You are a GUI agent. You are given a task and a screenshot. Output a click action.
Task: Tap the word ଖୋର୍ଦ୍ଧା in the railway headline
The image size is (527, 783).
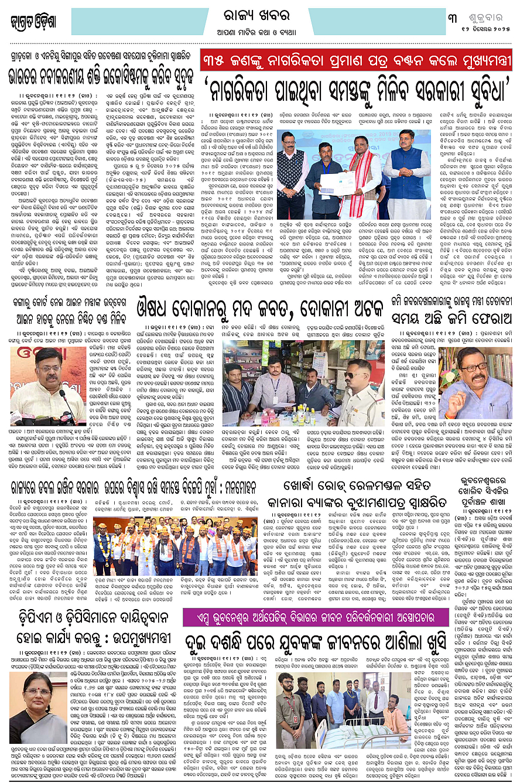(x=304, y=487)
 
